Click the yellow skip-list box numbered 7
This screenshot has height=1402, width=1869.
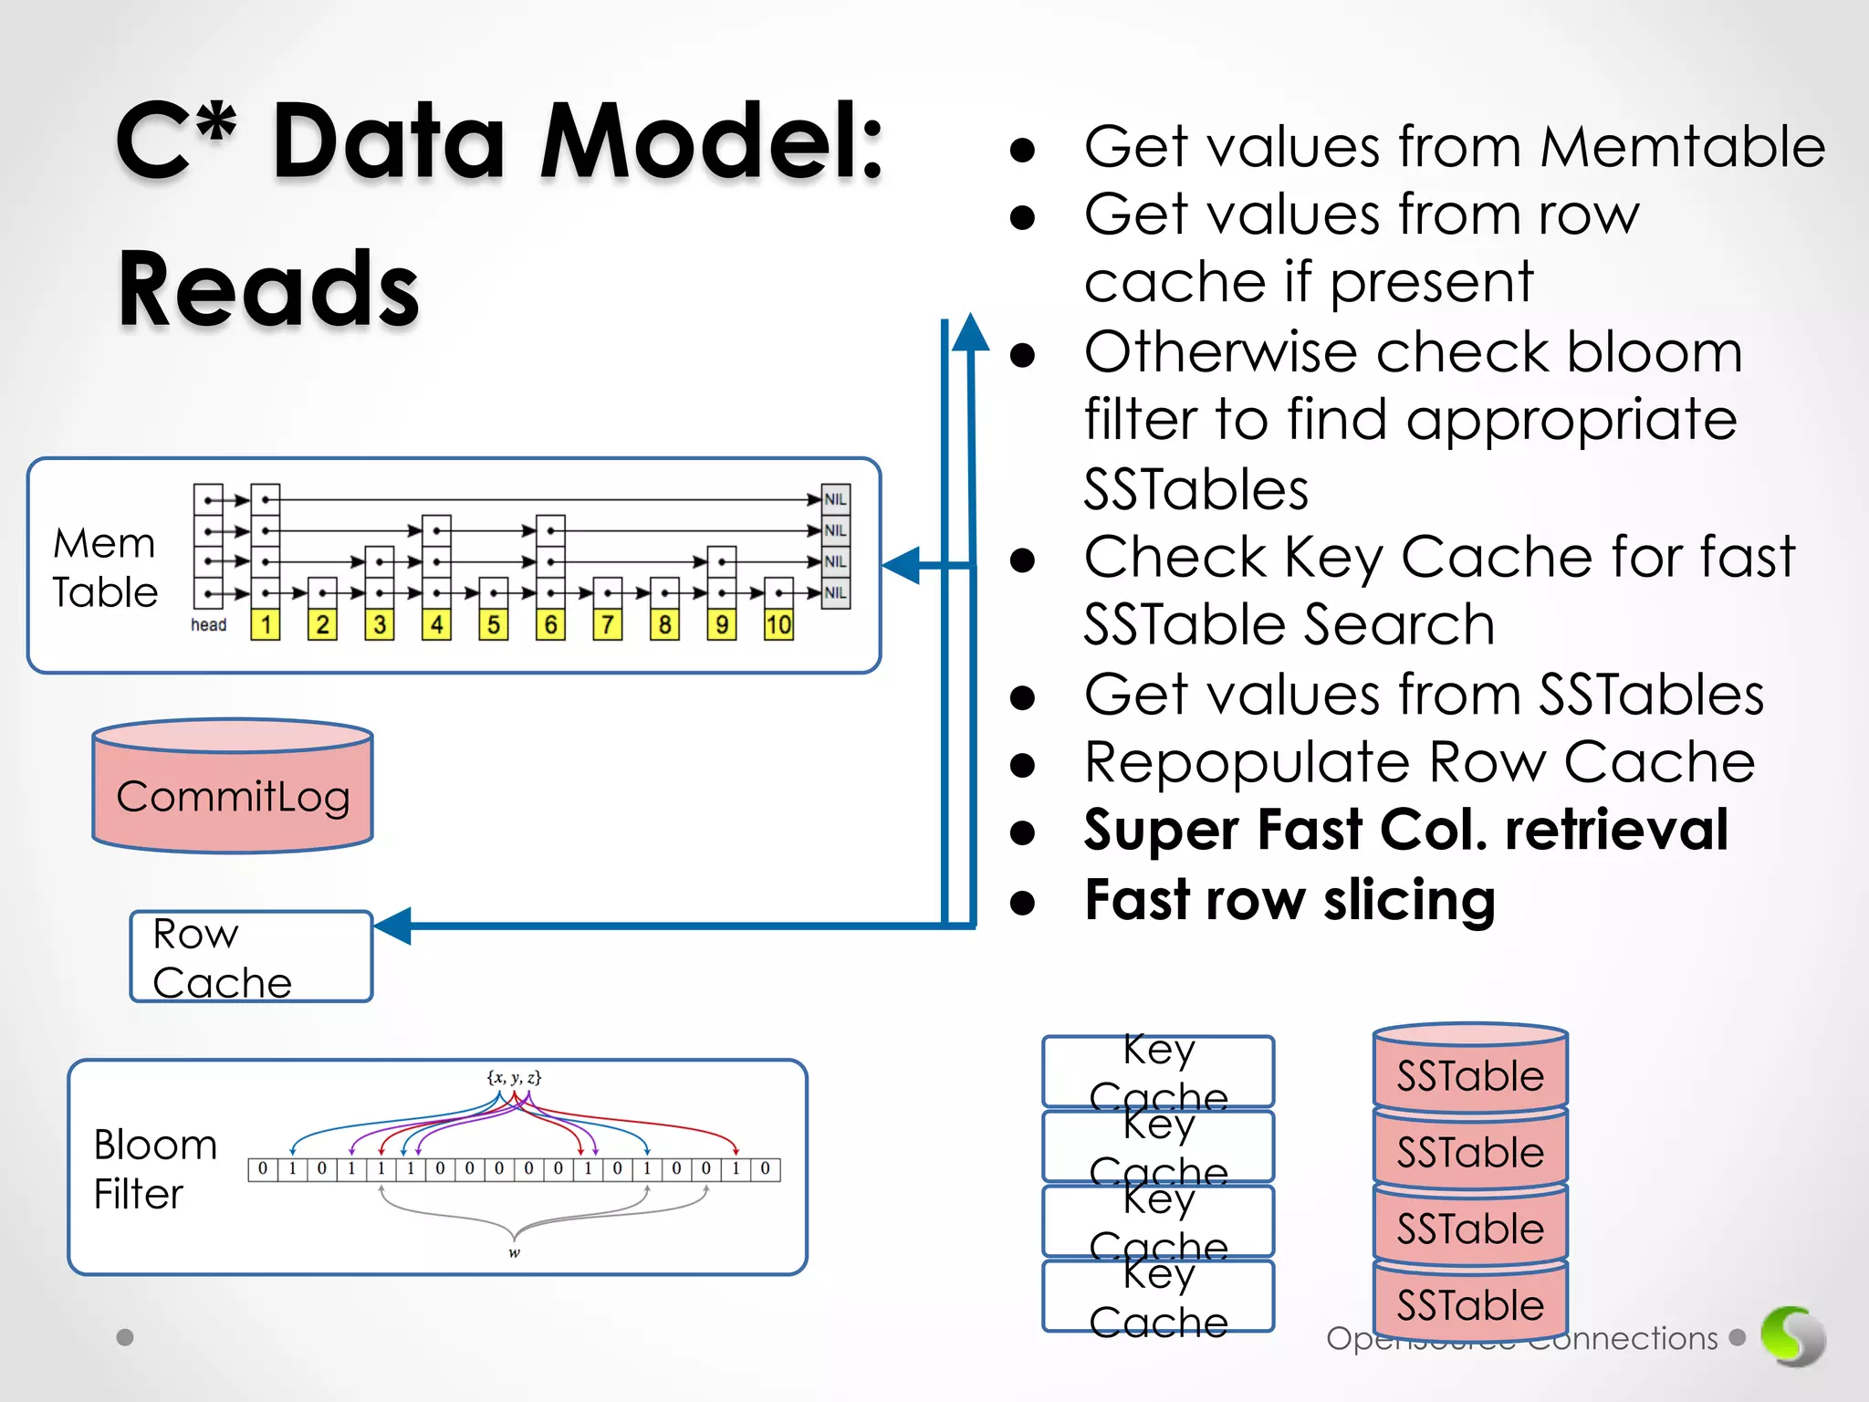tap(607, 625)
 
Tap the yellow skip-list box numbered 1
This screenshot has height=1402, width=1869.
tap(265, 625)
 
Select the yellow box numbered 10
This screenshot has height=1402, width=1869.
tap(778, 625)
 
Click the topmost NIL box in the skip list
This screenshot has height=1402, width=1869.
tap(835, 499)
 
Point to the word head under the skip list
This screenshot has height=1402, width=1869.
tap(208, 625)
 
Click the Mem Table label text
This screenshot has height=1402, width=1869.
tap(105, 568)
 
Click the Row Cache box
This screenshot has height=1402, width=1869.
tap(251, 957)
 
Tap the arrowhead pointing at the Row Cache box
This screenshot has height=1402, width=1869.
tap(394, 926)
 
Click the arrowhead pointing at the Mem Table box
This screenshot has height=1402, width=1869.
tap(902, 566)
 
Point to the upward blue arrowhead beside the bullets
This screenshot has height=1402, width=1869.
tap(970, 333)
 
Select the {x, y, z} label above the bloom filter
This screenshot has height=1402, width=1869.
tap(514, 1078)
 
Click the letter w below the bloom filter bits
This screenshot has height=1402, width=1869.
tap(514, 1253)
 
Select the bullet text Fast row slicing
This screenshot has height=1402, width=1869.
tap(1290, 900)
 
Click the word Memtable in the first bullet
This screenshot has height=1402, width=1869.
tap(1682, 147)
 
